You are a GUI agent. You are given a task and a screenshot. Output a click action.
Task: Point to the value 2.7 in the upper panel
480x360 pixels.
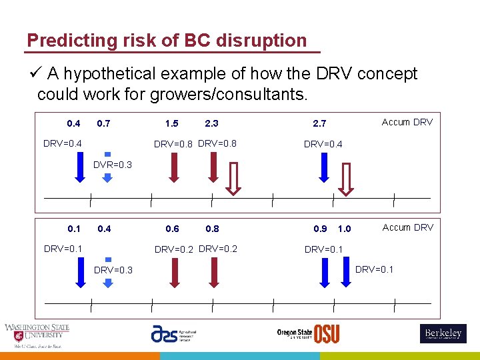point(319,123)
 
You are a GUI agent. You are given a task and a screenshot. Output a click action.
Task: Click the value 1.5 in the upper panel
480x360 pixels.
point(171,123)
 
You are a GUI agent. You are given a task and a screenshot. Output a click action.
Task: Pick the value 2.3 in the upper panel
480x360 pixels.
point(211,123)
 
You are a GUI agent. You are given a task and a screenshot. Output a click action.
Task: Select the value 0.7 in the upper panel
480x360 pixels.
point(103,123)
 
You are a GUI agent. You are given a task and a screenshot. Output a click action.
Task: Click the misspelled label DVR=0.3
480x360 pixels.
point(112,165)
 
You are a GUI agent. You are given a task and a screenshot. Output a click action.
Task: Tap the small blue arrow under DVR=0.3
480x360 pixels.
point(107,176)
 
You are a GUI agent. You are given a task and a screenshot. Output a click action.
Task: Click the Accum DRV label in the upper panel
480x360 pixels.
point(407,122)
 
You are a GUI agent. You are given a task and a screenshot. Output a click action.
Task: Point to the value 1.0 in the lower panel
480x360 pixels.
point(344,229)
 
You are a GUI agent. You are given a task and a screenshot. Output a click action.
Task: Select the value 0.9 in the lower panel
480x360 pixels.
point(320,229)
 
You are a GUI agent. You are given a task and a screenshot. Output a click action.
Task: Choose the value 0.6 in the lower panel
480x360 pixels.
point(172,229)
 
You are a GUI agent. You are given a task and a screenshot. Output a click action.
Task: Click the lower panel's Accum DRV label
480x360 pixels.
point(407,227)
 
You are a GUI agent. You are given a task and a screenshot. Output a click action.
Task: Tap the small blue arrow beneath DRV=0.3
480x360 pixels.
point(107,281)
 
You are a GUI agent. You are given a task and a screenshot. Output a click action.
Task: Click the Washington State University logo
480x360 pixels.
point(37,335)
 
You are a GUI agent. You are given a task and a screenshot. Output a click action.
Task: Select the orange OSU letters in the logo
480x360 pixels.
point(327,333)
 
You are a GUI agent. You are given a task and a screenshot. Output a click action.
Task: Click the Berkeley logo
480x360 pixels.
point(443,333)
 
